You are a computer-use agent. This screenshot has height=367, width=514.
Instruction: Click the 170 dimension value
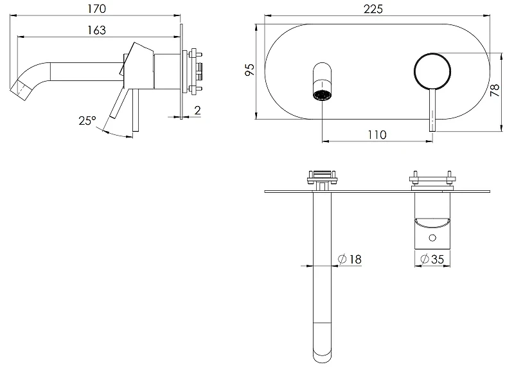click(96, 8)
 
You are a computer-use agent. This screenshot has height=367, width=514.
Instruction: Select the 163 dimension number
click(96, 30)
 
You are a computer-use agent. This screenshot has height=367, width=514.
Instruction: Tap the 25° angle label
click(87, 121)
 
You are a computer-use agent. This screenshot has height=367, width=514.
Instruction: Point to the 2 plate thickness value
click(197, 110)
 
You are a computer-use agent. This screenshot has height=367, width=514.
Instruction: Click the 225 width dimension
click(373, 9)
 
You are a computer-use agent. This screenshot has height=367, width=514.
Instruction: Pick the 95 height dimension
click(250, 69)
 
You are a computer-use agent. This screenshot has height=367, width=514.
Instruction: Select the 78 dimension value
click(495, 90)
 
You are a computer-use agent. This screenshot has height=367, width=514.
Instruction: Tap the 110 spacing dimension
click(377, 134)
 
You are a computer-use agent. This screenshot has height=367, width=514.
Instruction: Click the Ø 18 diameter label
click(350, 259)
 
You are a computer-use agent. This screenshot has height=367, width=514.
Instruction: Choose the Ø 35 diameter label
click(432, 259)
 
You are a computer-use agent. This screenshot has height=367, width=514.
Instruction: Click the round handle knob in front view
click(432, 71)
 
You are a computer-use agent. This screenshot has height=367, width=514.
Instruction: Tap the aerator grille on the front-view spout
click(323, 95)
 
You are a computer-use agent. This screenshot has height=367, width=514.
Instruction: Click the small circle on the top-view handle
click(432, 238)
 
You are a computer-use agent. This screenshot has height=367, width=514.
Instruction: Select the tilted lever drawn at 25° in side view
click(118, 102)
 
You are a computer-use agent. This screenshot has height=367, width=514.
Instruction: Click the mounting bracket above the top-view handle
click(432, 181)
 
